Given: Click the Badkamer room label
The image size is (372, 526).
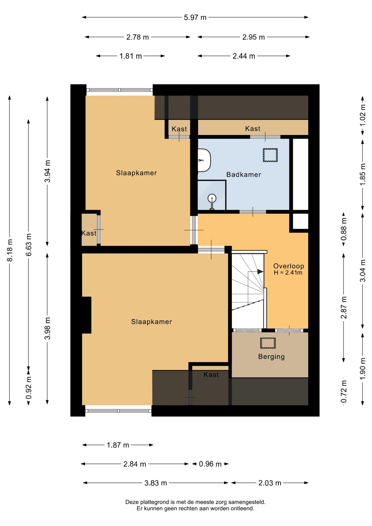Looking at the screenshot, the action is click(x=244, y=175).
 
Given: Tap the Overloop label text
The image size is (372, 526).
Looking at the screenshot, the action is click(x=289, y=266).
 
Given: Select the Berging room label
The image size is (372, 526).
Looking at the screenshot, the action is click(x=271, y=356).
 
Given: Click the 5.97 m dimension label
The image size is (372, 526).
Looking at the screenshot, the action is click(x=195, y=18).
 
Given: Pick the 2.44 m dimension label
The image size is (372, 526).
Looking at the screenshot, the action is click(x=244, y=56).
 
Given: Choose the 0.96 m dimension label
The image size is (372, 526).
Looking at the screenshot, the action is click(x=210, y=464).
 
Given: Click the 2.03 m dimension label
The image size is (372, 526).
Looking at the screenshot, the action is click(x=270, y=483).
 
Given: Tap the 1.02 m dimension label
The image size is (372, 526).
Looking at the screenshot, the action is click(x=362, y=115).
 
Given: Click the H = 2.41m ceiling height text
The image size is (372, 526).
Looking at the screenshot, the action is click(x=288, y=273).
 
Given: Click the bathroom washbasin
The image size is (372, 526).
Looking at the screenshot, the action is click(x=204, y=160).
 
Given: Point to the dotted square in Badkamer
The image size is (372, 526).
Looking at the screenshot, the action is click(x=270, y=155).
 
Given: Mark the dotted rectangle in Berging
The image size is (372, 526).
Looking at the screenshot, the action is click(x=268, y=343).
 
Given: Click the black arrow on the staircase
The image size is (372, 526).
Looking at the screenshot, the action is click(x=260, y=272).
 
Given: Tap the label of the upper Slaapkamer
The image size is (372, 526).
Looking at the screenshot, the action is click(x=136, y=173).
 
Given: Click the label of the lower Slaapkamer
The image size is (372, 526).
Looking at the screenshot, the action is click(x=151, y=322).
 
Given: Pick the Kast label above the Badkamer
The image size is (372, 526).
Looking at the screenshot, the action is click(x=253, y=128).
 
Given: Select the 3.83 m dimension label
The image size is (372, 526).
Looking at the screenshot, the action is click(x=156, y=483).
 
